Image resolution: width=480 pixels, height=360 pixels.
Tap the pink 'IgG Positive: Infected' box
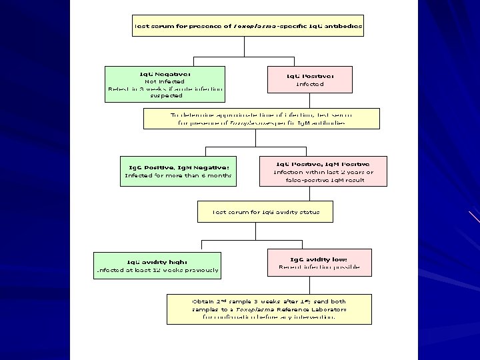[x=309, y=80]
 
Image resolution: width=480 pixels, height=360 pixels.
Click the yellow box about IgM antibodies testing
[x=261, y=119]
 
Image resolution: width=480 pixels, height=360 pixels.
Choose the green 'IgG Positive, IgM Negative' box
[x=178, y=171]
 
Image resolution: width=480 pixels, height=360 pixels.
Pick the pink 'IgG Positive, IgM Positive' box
[x=323, y=172]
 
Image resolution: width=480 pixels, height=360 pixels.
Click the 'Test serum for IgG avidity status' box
[x=265, y=212]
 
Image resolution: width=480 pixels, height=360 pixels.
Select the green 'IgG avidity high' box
[x=157, y=265]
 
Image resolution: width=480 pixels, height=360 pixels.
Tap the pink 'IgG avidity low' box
[x=318, y=263]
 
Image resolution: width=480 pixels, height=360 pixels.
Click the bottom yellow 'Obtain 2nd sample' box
[x=269, y=309]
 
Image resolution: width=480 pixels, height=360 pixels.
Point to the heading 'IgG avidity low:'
[x=318, y=259]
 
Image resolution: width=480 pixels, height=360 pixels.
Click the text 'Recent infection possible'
[x=319, y=267]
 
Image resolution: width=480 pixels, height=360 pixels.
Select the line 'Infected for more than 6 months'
[x=178, y=176]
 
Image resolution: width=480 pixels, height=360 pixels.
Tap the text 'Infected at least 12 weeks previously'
[x=157, y=271]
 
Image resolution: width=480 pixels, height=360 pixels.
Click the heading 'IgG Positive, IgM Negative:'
[x=178, y=166]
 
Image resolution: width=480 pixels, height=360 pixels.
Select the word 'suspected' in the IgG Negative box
[x=165, y=95]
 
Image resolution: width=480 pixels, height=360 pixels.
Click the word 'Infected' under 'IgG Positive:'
[x=309, y=85]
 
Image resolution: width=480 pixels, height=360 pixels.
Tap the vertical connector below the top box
[x=244, y=46]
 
